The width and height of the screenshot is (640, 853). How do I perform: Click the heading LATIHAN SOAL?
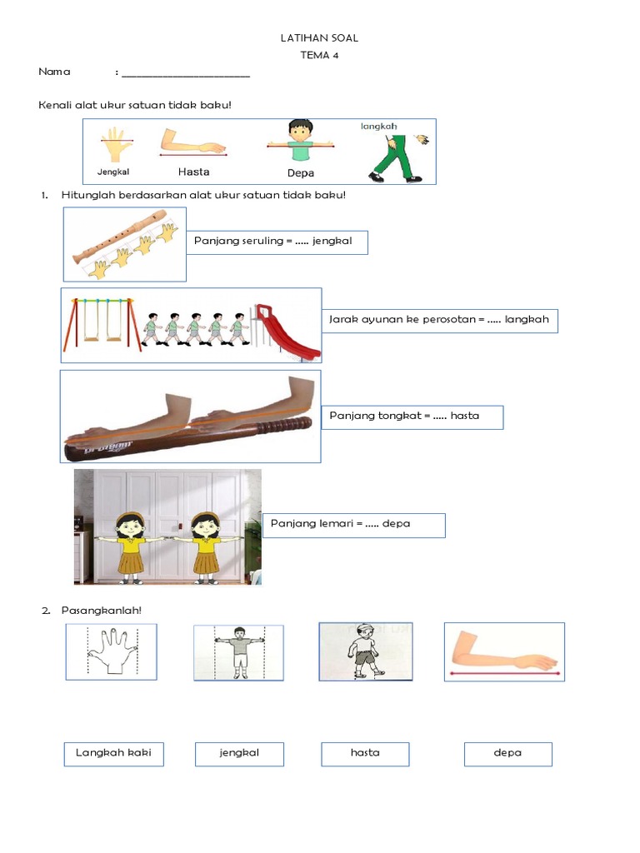point(320,38)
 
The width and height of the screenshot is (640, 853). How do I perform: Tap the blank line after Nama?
point(185,74)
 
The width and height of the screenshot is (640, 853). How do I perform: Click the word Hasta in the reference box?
point(193,172)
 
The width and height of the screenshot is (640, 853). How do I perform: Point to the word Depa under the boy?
point(300,173)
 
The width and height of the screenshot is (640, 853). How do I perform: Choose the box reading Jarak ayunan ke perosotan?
point(439,320)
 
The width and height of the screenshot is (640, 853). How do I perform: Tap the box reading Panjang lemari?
point(353,525)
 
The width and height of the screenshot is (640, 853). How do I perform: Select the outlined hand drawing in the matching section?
point(111,651)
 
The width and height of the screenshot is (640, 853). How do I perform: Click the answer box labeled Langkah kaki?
point(113,753)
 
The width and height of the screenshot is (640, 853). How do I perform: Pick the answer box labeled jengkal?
point(239,753)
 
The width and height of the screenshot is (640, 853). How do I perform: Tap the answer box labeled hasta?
point(365,753)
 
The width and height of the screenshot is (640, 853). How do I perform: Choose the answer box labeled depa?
point(507,753)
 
